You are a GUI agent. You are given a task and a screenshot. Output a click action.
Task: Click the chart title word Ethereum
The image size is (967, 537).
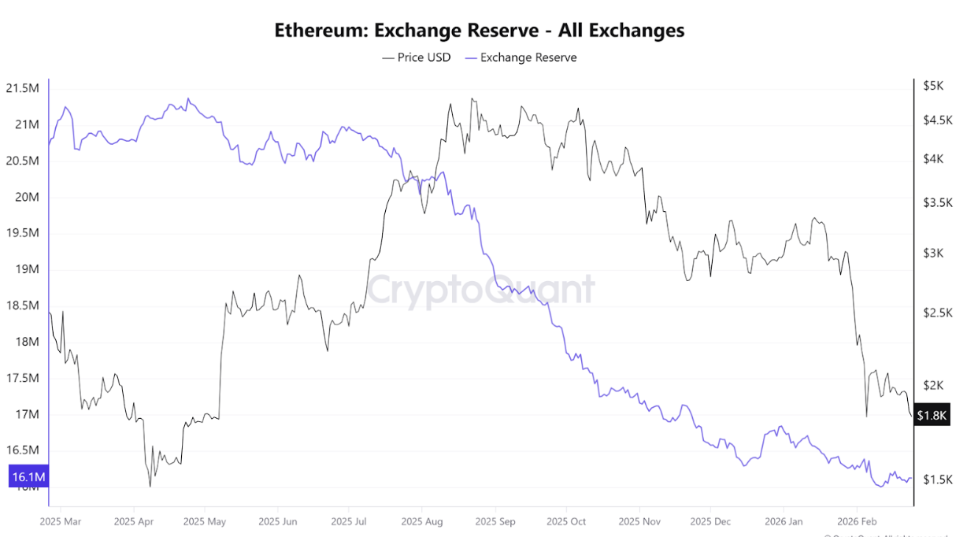pos(320,31)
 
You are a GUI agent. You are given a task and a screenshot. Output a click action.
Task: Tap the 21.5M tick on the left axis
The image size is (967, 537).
pos(21,88)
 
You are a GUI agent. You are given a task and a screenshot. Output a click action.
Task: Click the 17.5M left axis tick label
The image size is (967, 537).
pos(21,378)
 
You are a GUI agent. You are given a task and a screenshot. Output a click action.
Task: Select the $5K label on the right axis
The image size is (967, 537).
pos(934,86)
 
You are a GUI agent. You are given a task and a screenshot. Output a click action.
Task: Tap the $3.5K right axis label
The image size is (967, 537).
pos(938,202)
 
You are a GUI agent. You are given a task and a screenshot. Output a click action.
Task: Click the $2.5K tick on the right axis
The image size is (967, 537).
pos(938,313)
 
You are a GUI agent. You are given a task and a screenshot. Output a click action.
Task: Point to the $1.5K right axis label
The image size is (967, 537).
pos(938,480)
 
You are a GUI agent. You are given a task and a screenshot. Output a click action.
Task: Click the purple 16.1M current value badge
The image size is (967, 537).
pos(28,477)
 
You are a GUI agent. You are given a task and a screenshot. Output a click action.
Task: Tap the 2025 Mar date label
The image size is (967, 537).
pos(60,521)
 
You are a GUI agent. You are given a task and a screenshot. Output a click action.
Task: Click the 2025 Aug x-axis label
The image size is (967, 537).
pos(422,521)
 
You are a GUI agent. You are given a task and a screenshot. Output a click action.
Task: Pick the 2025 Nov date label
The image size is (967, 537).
pos(639,521)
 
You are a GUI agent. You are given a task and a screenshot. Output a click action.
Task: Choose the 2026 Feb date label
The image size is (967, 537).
pos(856,521)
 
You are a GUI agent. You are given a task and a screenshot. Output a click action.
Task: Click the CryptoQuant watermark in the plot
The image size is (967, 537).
pos(481,289)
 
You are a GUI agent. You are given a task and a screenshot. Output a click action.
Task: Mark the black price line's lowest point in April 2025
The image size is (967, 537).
pos(150,486)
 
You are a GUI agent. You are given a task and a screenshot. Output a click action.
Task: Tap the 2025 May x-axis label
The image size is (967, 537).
pos(204,521)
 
